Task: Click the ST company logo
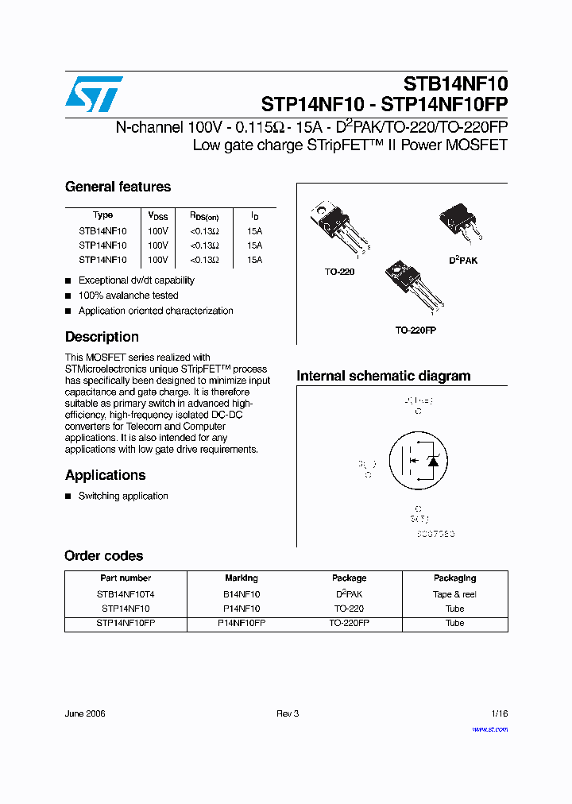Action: click(x=94, y=95)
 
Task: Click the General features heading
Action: click(x=118, y=187)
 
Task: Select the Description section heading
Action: click(x=102, y=337)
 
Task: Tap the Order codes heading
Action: click(x=103, y=556)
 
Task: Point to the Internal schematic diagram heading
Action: click(x=383, y=377)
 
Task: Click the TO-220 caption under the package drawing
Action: click(x=339, y=272)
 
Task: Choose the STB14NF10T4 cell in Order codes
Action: click(x=126, y=594)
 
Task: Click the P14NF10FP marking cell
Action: click(x=242, y=624)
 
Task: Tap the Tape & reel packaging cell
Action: click(x=454, y=594)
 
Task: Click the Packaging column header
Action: click(x=454, y=578)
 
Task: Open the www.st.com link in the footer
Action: click(x=489, y=729)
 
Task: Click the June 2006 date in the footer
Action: click(x=85, y=713)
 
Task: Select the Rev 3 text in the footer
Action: click(x=288, y=713)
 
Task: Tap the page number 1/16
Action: click(x=499, y=713)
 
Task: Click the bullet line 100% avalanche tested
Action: click(x=128, y=296)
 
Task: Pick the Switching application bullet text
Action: click(x=123, y=496)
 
